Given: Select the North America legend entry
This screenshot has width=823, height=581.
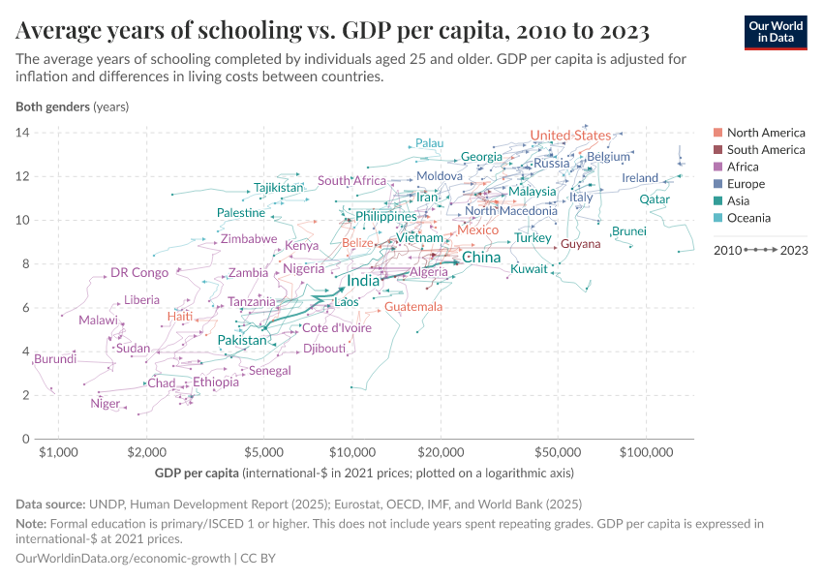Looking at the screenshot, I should point(765,133).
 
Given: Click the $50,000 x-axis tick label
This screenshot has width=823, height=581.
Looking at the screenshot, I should point(557,452).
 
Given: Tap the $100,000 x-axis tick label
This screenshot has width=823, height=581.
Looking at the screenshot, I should point(645,452).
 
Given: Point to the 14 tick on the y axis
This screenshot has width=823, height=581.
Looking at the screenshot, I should point(22,132).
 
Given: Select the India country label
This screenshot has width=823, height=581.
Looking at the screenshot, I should point(363,281).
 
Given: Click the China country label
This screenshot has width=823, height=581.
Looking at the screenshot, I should point(481,258).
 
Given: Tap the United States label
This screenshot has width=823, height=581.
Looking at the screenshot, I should point(570,136).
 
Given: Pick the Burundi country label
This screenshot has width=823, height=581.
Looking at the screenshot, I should point(54,360).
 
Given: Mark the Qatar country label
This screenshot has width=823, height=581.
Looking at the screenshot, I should point(655,199).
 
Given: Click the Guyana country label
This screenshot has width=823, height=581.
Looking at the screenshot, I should point(581,244).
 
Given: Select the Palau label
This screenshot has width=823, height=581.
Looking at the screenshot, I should point(429,143).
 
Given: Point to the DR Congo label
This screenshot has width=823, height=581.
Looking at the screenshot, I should point(139,273).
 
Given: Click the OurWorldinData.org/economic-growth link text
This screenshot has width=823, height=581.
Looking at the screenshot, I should point(124,559).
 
